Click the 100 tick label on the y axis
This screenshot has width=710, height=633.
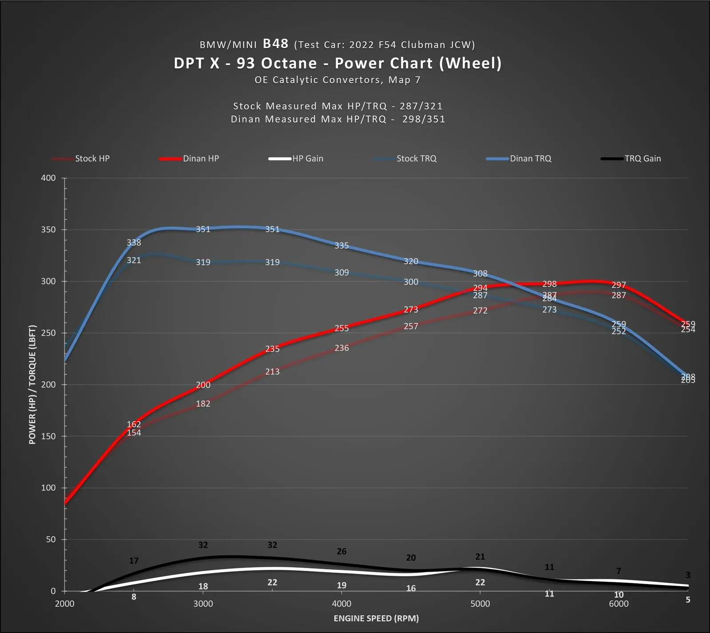coord(49,488)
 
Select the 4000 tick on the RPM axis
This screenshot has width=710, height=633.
coord(341,604)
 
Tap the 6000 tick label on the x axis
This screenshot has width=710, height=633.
coord(619,604)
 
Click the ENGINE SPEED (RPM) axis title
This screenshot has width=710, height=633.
coord(376,618)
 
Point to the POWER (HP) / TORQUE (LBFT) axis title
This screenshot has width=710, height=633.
coord(32,384)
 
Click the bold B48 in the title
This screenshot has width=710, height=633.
coord(275,44)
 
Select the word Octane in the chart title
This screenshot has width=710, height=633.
coord(289,63)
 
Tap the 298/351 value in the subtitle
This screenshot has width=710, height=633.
coord(424,119)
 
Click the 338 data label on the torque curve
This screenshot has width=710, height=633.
coord(134,243)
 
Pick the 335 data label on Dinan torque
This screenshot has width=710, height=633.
coord(341,246)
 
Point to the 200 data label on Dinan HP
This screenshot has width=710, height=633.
coord(203,385)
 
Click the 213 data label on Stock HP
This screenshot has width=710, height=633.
coord(272,372)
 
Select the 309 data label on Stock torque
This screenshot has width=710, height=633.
coord(341,272)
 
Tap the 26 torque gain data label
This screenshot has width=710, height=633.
coord(341,551)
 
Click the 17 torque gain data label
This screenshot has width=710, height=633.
coord(134,561)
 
